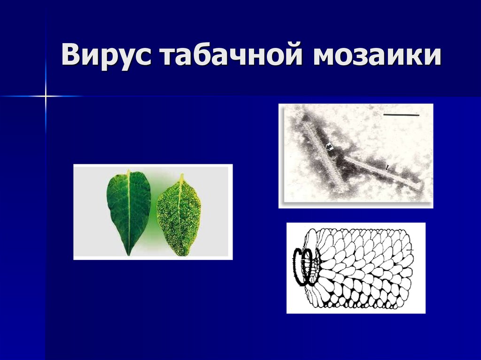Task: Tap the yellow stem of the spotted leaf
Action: (x=181, y=178)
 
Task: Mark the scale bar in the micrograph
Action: (x=400, y=114)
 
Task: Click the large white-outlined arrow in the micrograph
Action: (x=329, y=147)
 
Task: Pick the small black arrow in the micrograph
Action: (x=388, y=167)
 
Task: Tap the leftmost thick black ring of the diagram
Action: (x=299, y=266)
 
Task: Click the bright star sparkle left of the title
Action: (x=46, y=96)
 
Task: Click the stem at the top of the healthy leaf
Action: (x=128, y=173)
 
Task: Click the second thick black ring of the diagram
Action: (x=310, y=266)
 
